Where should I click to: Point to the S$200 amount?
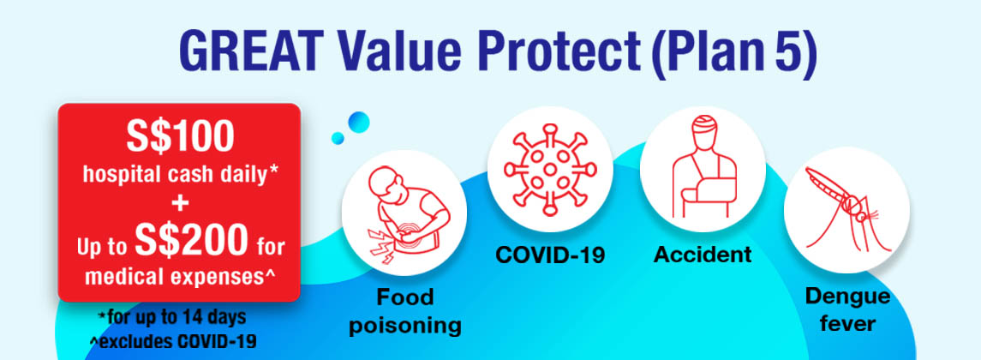190,240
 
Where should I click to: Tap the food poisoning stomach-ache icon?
404,213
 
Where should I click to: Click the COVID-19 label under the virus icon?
550,255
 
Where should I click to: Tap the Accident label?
703,255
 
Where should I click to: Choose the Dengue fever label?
847,309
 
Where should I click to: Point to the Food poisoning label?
404,311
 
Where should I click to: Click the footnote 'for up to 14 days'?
172,317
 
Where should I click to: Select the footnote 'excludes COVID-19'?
173,342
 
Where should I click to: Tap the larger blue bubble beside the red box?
358,122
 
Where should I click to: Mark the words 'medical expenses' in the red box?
180,276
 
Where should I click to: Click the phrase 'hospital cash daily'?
180,176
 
